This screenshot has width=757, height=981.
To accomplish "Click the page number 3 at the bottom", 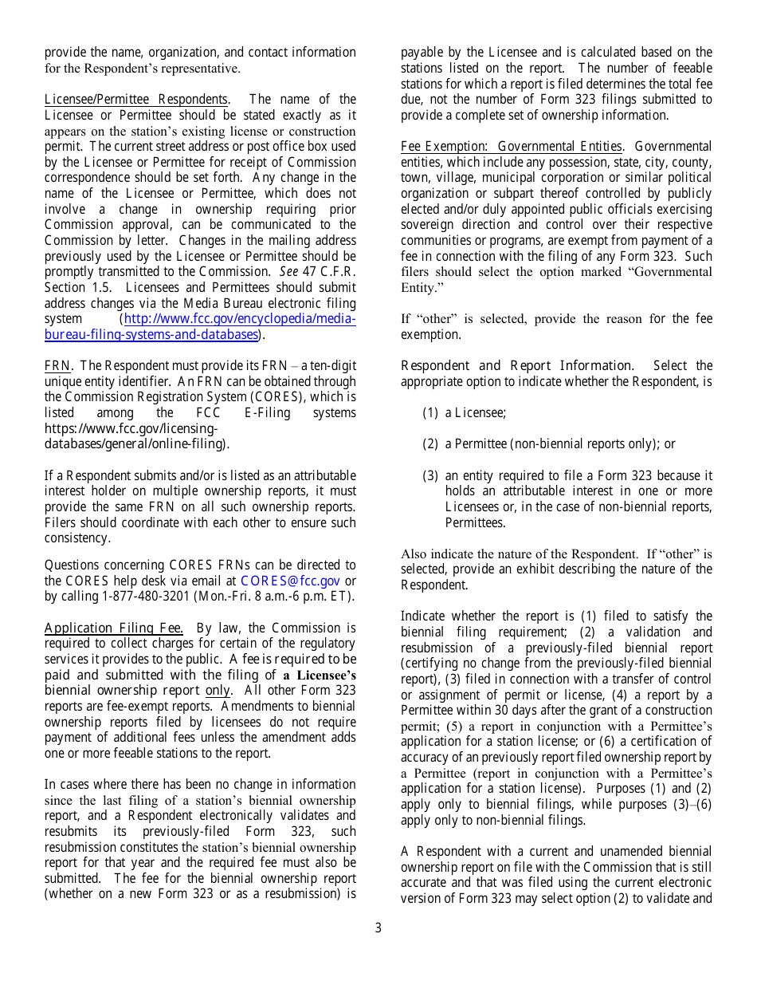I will [378, 928].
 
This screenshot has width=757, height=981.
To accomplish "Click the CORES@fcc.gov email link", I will [290, 581].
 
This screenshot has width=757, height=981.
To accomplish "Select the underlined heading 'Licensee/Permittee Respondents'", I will [136, 99].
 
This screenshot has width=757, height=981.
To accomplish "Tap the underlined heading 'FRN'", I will [57, 365].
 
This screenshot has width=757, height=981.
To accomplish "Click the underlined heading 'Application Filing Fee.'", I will [114, 628].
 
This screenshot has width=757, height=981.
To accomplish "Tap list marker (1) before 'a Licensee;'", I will [430, 412].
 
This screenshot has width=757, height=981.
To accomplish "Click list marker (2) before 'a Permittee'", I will [430, 443].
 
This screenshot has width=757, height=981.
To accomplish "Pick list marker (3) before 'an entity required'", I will [430, 475].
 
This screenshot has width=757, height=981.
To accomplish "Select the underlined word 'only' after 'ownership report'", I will [218, 691].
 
